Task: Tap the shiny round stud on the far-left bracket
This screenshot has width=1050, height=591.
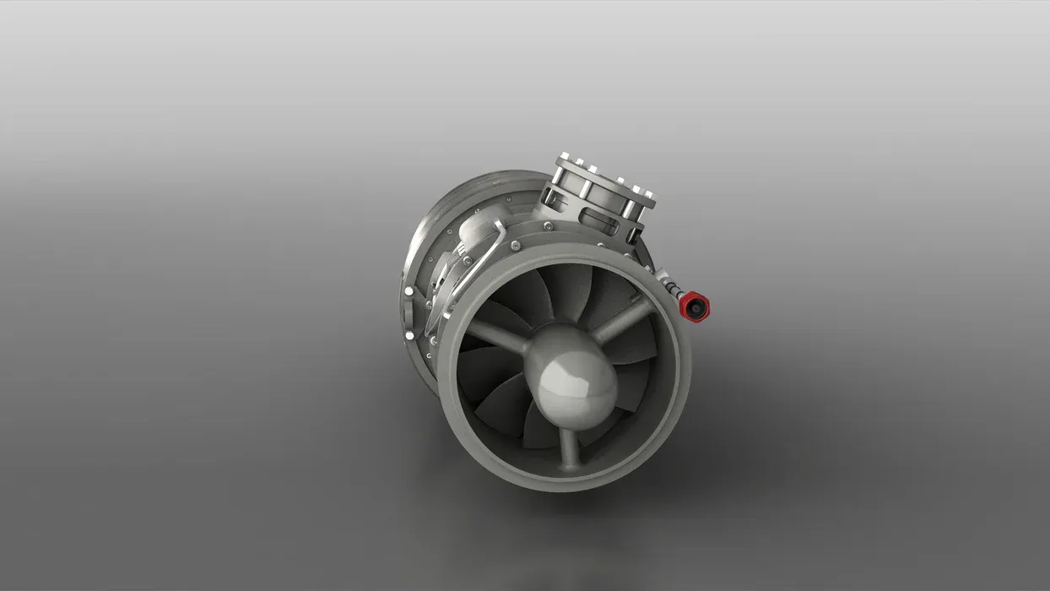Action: (x=409, y=292)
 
